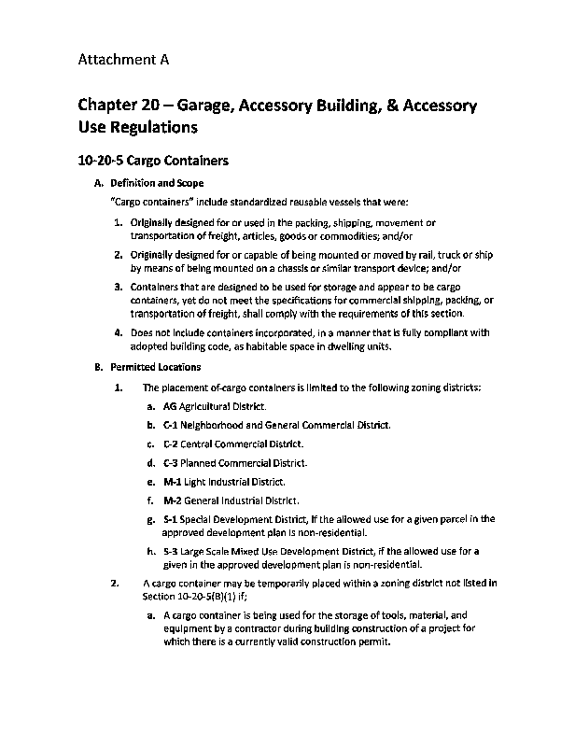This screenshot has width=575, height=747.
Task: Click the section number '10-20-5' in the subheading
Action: pyautogui.click(x=103, y=161)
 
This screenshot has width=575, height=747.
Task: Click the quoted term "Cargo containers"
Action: pyautogui.click(x=152, y=202)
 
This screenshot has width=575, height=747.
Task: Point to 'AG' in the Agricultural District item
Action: pyautogui.click(x=169, y=407)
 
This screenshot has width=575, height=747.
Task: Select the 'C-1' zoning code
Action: pyautogui.click(x=171, y=426)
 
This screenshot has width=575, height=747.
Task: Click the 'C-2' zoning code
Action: pyautogui.click(x=171, y=444)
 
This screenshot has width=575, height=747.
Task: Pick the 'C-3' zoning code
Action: pyautogui.click(x=171, y=463)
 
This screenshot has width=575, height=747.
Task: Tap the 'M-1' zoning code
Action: pyautogui.click(x=172, y=482)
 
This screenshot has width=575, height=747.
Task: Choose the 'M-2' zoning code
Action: pyautogui.click(x=172, y=500)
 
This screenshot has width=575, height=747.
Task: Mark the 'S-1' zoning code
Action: pyautogui.click(x=170, y=519)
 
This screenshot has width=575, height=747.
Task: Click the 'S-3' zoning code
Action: pyautogui.click(x=170, y=552)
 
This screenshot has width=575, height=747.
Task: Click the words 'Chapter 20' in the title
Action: pyautogui.click(x=119, y=106)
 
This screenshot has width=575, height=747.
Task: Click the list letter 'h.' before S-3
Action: pyautogui.click(x=152, y=552)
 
